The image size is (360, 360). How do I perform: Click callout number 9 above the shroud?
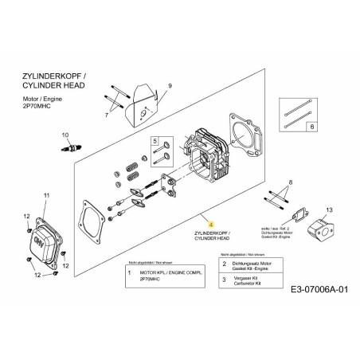coord(170,85)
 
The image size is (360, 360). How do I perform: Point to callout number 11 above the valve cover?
coord(46,196)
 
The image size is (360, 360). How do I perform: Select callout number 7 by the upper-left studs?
coord(106,115)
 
